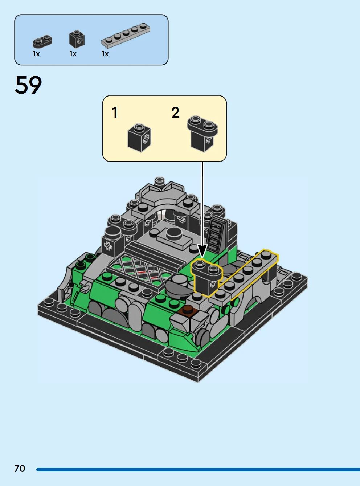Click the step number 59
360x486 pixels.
click(x=28, y=85)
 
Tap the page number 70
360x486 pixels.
click(x=20, y=468)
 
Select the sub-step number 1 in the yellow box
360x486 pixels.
click(x=115, y=113)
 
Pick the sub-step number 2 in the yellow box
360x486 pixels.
click(x=175, y=113)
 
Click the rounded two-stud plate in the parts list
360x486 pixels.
click(x=42, y=41)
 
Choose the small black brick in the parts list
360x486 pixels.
click(x=77, y=39)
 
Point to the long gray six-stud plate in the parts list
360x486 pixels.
click(x=126, y=36)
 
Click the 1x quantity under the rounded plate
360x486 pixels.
click(x=36, y=54)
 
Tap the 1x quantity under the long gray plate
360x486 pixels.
click(x=105, y=54)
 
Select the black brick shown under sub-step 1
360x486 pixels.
click(x=139, y=138)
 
